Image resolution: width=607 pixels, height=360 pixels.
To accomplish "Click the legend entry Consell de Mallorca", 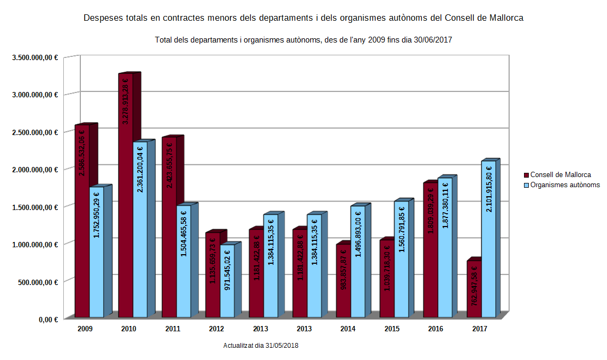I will click(x=560, y=174).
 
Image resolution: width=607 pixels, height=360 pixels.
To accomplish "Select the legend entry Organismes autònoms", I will click(x=565, y=185).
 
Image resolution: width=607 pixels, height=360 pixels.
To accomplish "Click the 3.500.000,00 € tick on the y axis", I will click(x=35, y=57).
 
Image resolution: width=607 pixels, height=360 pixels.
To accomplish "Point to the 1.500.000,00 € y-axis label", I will click(x=35, y=207).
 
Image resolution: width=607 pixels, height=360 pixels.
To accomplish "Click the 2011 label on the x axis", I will click(x=172, y=329).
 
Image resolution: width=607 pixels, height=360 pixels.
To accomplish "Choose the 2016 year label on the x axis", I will click(x=435, y=329).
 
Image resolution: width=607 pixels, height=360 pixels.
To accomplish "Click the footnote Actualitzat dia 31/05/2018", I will click(x=261, y=346).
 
